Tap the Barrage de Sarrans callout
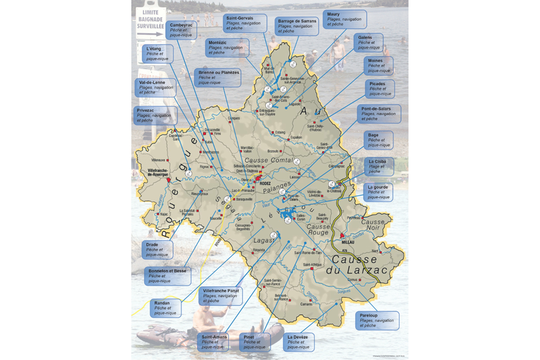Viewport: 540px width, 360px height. coord(297,26)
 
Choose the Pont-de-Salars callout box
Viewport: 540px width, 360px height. coord(377,114)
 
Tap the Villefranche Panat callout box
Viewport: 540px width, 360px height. coord(221,296)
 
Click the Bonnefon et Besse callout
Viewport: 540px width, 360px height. coord(167,276)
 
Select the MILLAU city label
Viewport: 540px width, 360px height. coord(348,242)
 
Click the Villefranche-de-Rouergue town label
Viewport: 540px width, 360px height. coord(159,172)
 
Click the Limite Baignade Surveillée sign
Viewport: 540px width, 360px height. coord(154,20)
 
